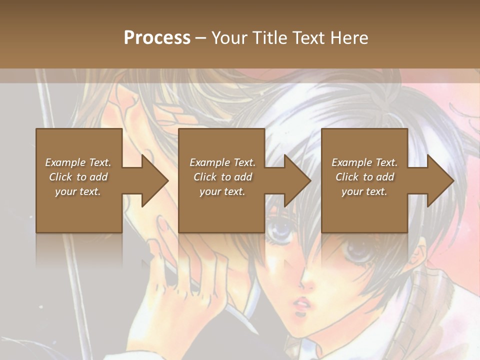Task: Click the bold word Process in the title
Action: (157, 37)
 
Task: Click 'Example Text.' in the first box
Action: (78, 162)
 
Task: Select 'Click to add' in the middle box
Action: (222, 177)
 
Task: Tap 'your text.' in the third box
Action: (364, 191)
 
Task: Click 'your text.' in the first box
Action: (78, 191)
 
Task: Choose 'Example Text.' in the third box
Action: (364, 162)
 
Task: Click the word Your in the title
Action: (227, 37)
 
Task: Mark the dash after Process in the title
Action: (201, 38)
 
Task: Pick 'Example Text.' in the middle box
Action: (222, 162)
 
